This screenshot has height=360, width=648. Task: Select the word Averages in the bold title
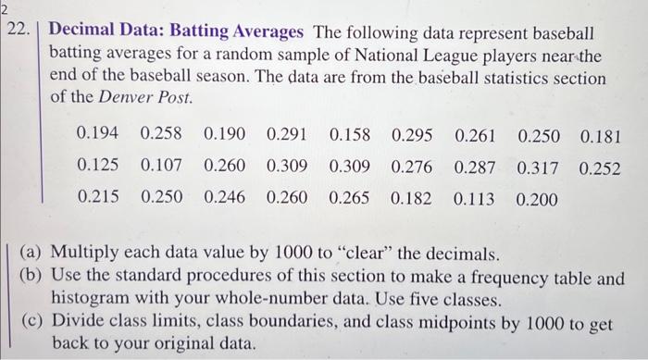pyautogui.click(x=264, y=31)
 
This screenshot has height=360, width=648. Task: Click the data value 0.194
pyautogui.click(x=98, y=135)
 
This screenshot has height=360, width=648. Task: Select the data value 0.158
pyautogui.click(x=349, y=135)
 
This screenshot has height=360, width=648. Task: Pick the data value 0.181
pyautogui.click(x=600, y=135)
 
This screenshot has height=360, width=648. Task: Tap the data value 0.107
pyautogui.click(x=161, y=167)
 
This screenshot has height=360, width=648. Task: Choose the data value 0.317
pyautogui.click(x=538, y=167)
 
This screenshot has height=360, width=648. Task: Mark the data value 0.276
pyautogui.click(x=412, y=167)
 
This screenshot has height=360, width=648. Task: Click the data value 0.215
pyautogui.click(x=98, y=198)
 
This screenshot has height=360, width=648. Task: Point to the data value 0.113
pyautogui.click(x=475, y=198)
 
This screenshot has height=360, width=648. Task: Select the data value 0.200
pyautogui.click(x=538, y=198)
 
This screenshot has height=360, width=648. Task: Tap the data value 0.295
pyautogui.click(x=412, y=135)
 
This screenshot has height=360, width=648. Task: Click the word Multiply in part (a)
pyautogui.click(x=85, y=253)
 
